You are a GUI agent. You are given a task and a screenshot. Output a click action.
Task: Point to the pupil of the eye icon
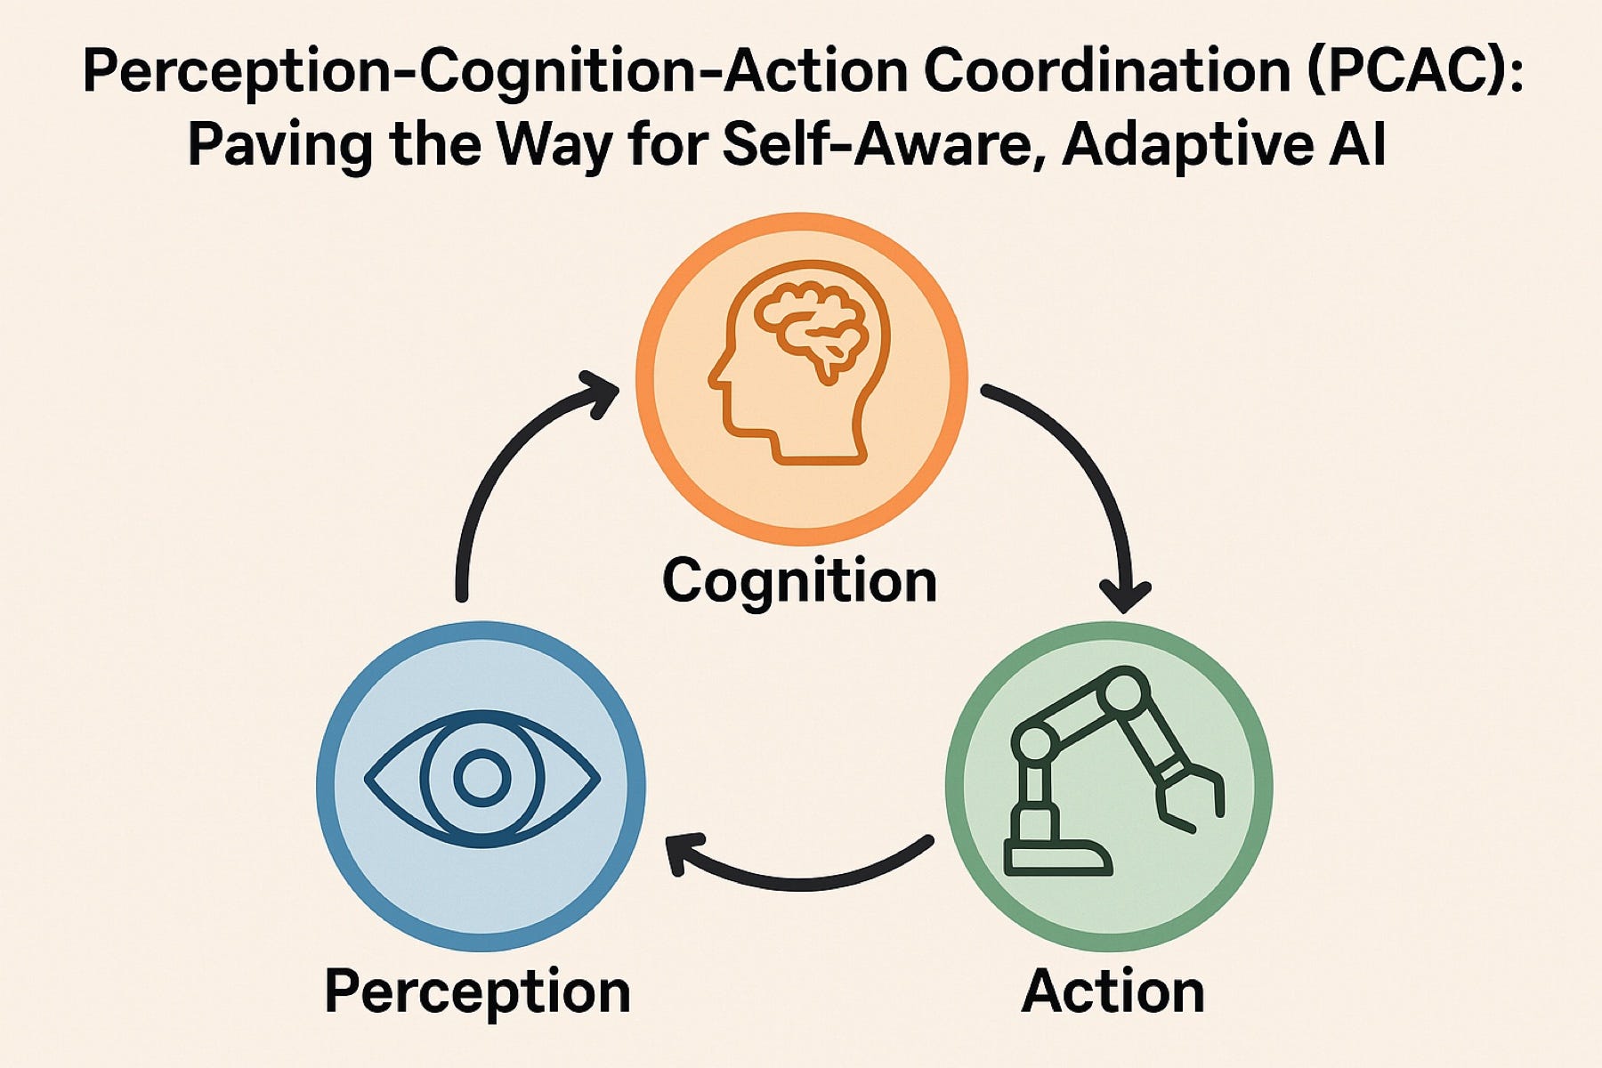tap(481, 778)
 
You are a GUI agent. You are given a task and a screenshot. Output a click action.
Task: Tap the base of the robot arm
tap(1056, 856)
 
